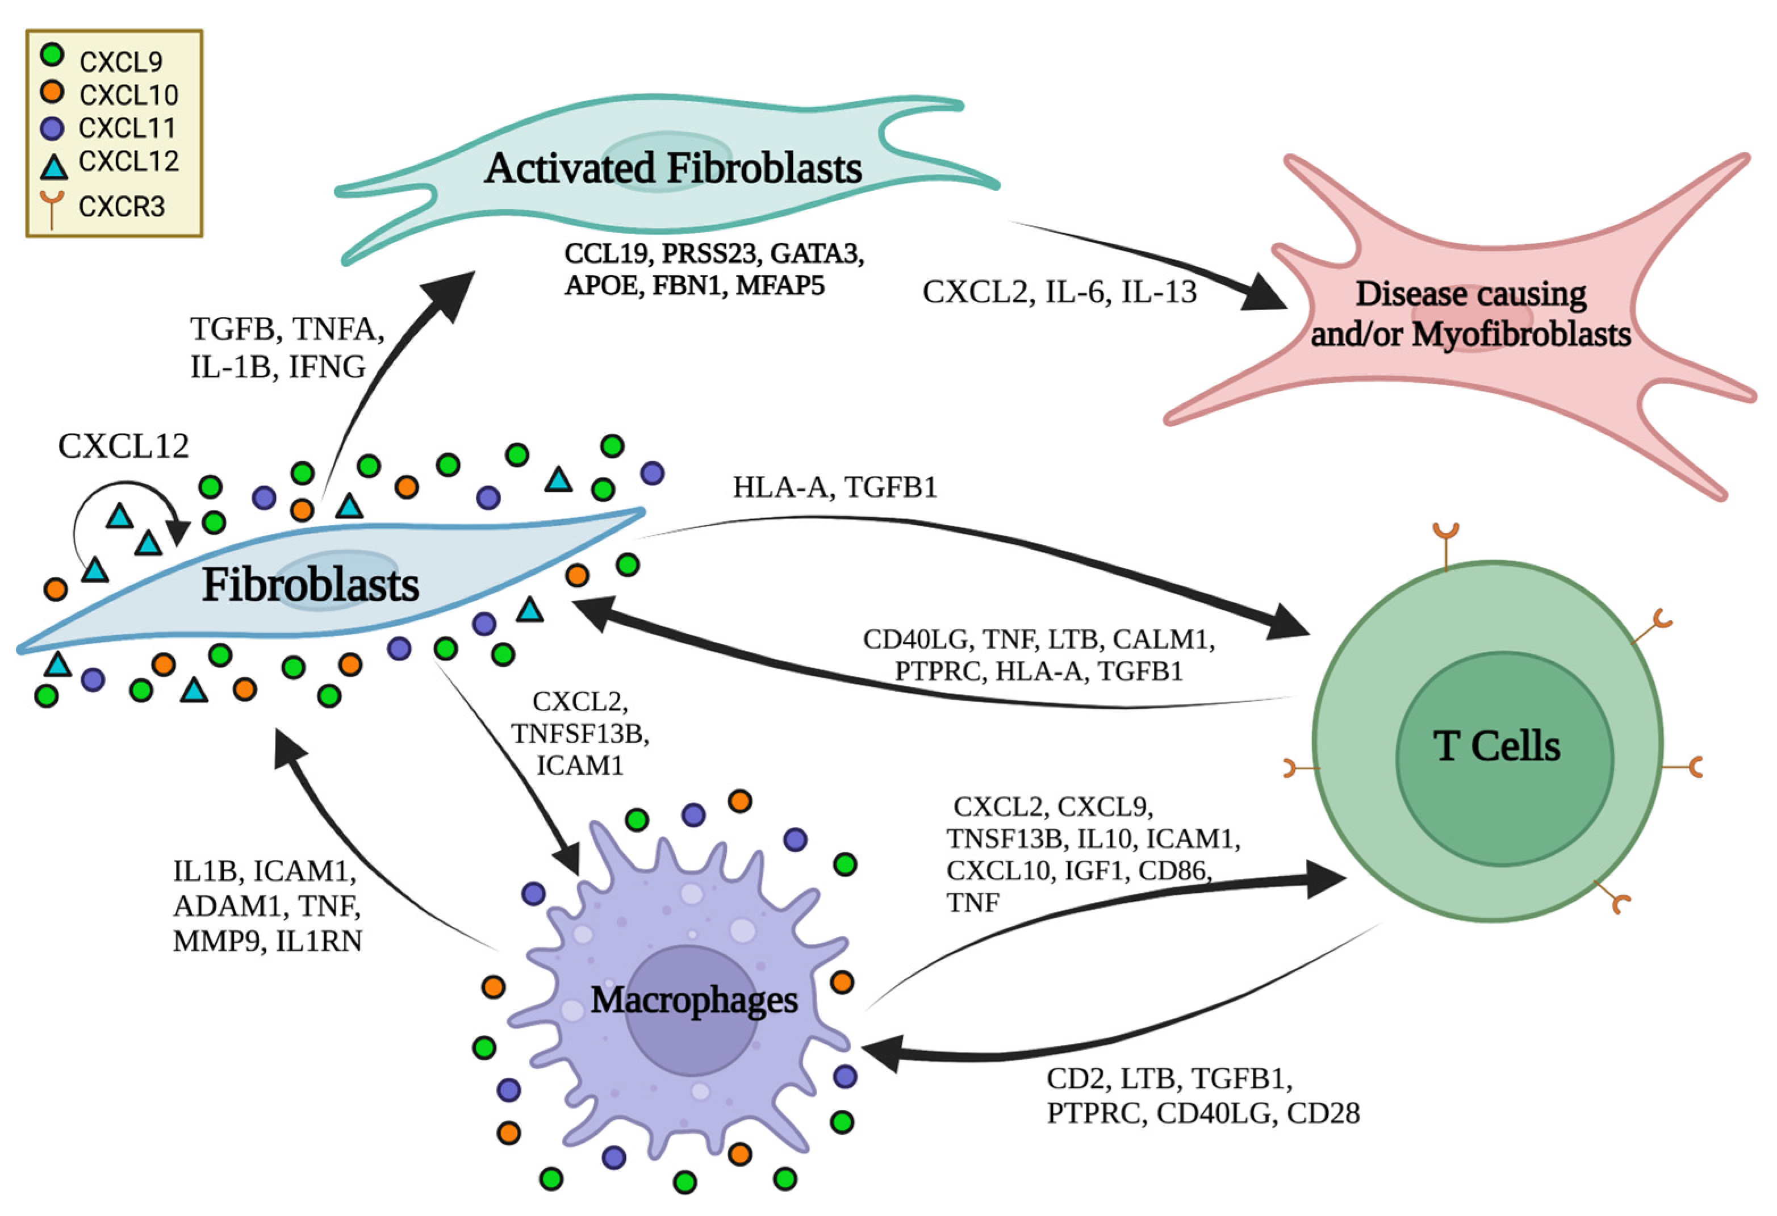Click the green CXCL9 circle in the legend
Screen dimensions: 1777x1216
pos(52,55)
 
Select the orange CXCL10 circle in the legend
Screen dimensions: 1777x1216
pos(52,92)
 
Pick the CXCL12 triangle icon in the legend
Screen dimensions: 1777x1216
pos(53,165)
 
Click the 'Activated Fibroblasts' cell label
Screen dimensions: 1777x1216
pos(673,168)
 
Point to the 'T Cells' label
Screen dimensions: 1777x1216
pos(1496,746)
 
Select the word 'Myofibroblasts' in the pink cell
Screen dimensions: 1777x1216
pos(1521,334)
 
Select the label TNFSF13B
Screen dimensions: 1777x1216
pos(580,733)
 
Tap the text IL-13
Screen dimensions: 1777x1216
pos(1159,292)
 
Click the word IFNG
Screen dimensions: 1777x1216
pos(327,367)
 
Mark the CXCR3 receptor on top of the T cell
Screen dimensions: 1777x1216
pos(1446,545)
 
